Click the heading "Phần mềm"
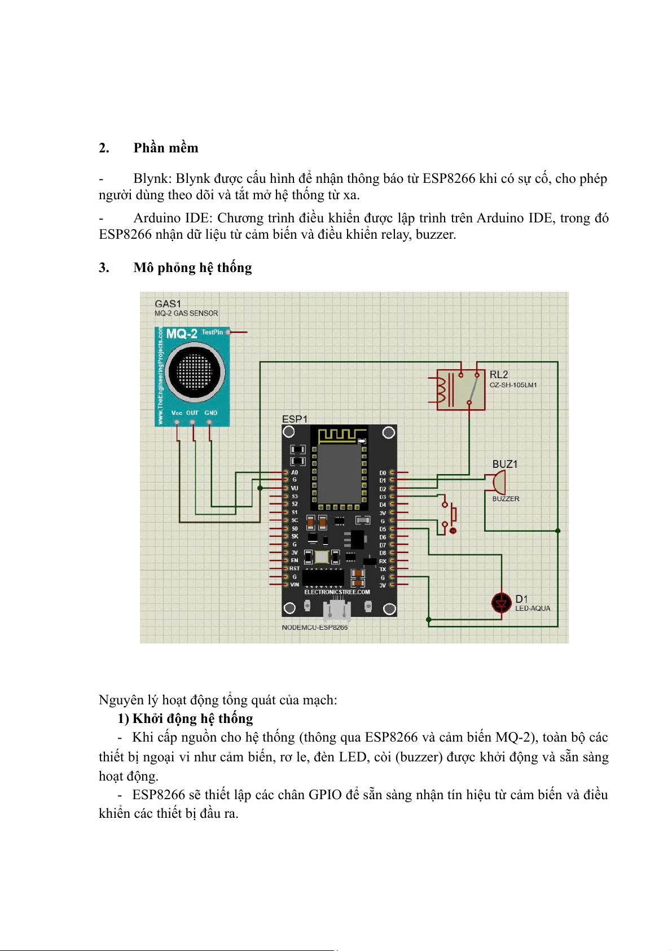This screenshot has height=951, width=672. tap(165, 148)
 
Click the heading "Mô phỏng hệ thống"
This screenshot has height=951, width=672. tap(192, 268)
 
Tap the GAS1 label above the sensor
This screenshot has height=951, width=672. tap(168, 304)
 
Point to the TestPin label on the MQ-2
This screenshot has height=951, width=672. tap(212, 332)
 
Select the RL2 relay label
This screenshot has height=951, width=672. tap(499, 375)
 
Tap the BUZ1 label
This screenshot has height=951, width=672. tap(504, 464)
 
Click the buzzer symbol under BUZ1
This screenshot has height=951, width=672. tap(498, 483)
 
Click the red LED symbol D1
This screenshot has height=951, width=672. tap(501, 603)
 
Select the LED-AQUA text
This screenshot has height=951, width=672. tap(532, 608)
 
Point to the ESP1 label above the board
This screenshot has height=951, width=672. tap(295, 419)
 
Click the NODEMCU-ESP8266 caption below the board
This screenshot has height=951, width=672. tap(314, 627)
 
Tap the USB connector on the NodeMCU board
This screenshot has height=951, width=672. tap(337, 610)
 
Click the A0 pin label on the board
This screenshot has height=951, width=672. tap(295, 472)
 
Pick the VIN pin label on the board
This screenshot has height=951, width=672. tap(295, 585)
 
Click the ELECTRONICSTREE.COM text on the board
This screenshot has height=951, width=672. tap(337, 592)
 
